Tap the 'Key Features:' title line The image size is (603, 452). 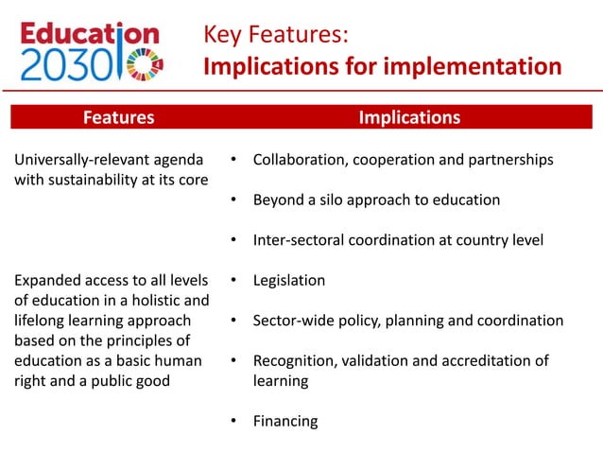click(276, 36)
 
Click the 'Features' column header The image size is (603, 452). click(118, 117)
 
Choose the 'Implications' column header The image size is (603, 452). click(409, 117)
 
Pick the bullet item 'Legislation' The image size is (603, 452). click(288, 280)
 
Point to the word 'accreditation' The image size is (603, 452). click(479, 360)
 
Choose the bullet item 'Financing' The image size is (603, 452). click(284, 421)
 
